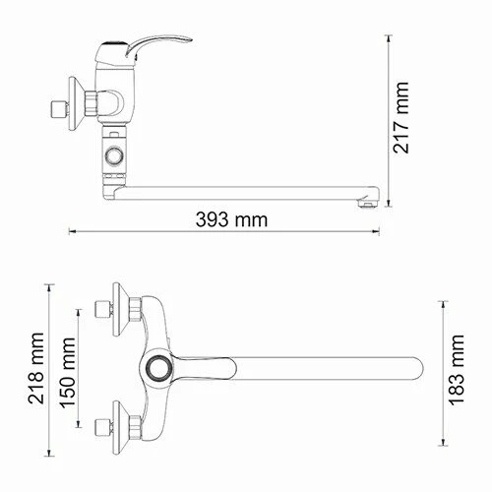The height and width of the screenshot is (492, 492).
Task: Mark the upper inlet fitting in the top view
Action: coord(100,312)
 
